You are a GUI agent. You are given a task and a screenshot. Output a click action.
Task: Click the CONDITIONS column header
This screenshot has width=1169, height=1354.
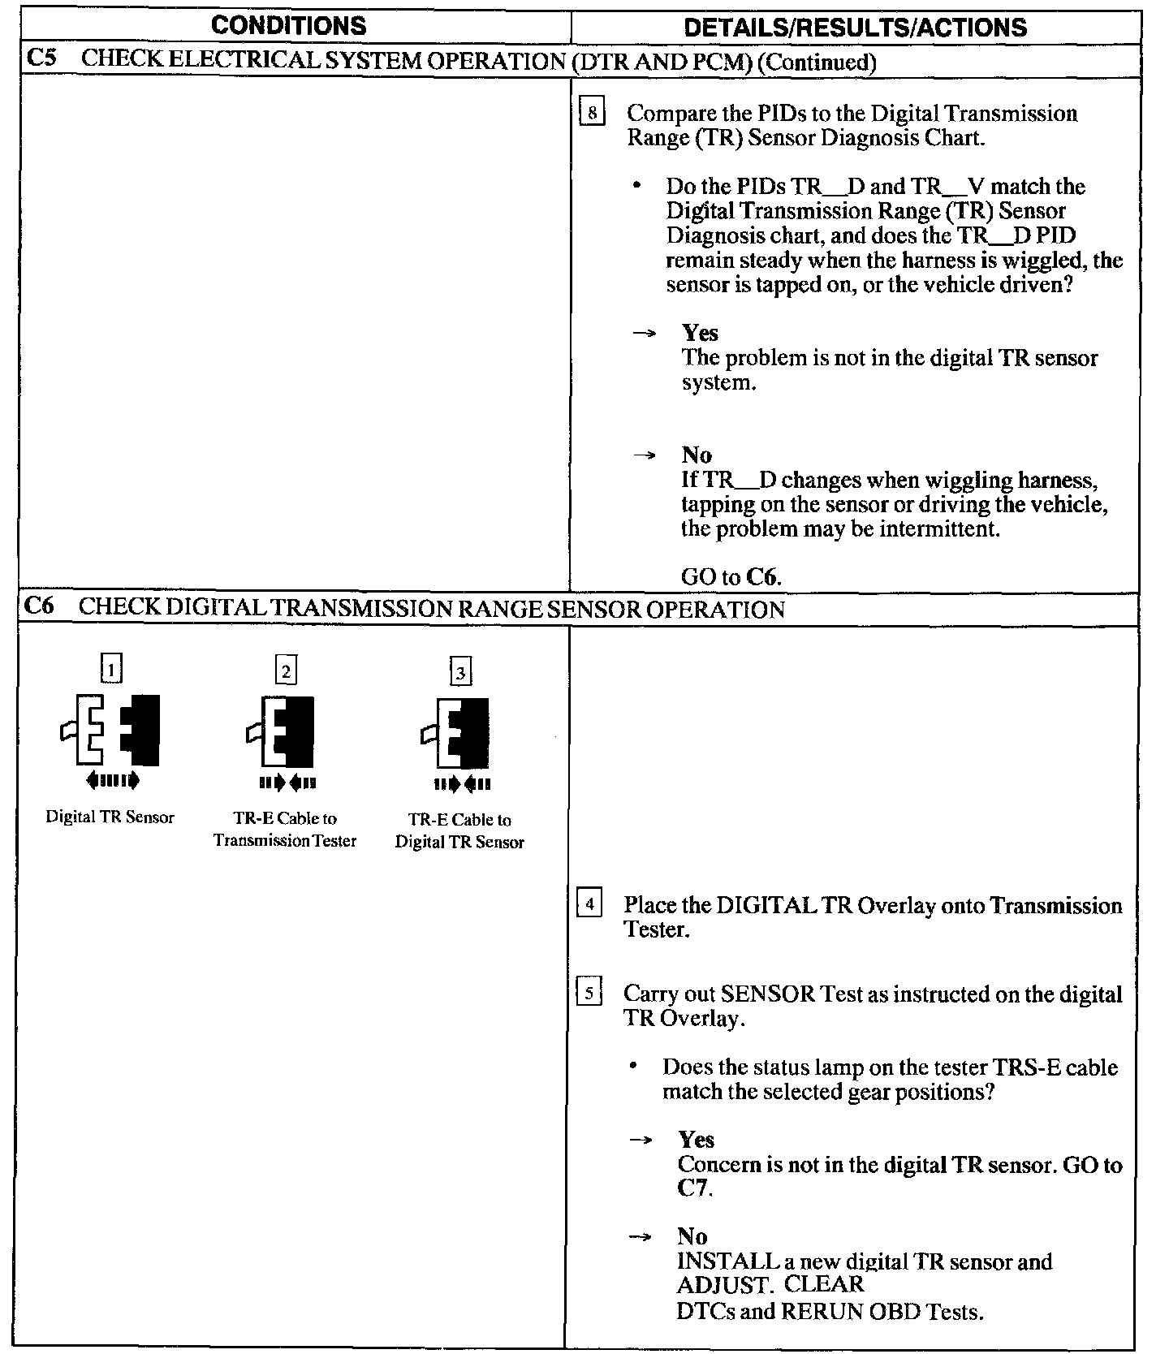click(x=288, y=26)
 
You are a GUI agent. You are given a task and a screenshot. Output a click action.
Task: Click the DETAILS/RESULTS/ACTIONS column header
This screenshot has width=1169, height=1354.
click(x=855, y=28)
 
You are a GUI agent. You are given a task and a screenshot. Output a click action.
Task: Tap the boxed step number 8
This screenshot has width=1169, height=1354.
click(x=593, y=112)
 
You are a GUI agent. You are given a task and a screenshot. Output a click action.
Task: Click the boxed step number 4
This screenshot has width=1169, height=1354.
click(x=589, y=903)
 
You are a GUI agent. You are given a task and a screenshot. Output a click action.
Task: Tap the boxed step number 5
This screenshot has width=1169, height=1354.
click(x=589, y=992)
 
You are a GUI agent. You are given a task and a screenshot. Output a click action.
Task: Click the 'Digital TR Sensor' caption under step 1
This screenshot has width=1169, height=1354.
click(x=110, y=817)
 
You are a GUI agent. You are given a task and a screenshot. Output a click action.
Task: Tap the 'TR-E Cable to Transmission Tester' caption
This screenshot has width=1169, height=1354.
click(x=285, y=830)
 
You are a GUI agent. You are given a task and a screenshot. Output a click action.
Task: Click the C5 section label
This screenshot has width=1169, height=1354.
click(x=41, y=59)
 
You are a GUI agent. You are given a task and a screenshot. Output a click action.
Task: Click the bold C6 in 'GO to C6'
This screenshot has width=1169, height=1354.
click(x=762, y=577)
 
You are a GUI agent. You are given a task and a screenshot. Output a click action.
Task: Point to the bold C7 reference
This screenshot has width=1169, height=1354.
click(x=694, y=1188)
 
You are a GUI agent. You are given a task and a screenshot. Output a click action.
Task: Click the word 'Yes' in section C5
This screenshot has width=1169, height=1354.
click(x=700, y=333)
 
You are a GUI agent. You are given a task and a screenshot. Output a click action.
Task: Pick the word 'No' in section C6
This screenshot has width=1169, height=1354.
click(x=692, y=1236)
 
